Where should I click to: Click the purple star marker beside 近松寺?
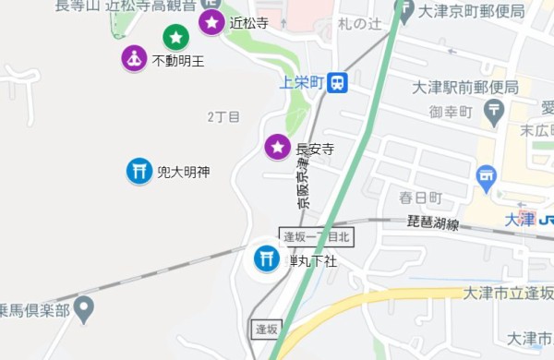212,22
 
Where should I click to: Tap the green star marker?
176,38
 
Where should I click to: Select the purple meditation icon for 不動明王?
135,59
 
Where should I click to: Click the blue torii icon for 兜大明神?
139,171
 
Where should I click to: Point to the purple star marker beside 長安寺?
277,146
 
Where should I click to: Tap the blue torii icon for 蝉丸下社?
268,258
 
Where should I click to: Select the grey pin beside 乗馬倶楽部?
85,307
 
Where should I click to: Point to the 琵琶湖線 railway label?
433,222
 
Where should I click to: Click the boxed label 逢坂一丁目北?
317,237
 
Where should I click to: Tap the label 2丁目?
223,117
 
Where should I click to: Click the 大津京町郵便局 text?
471,12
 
